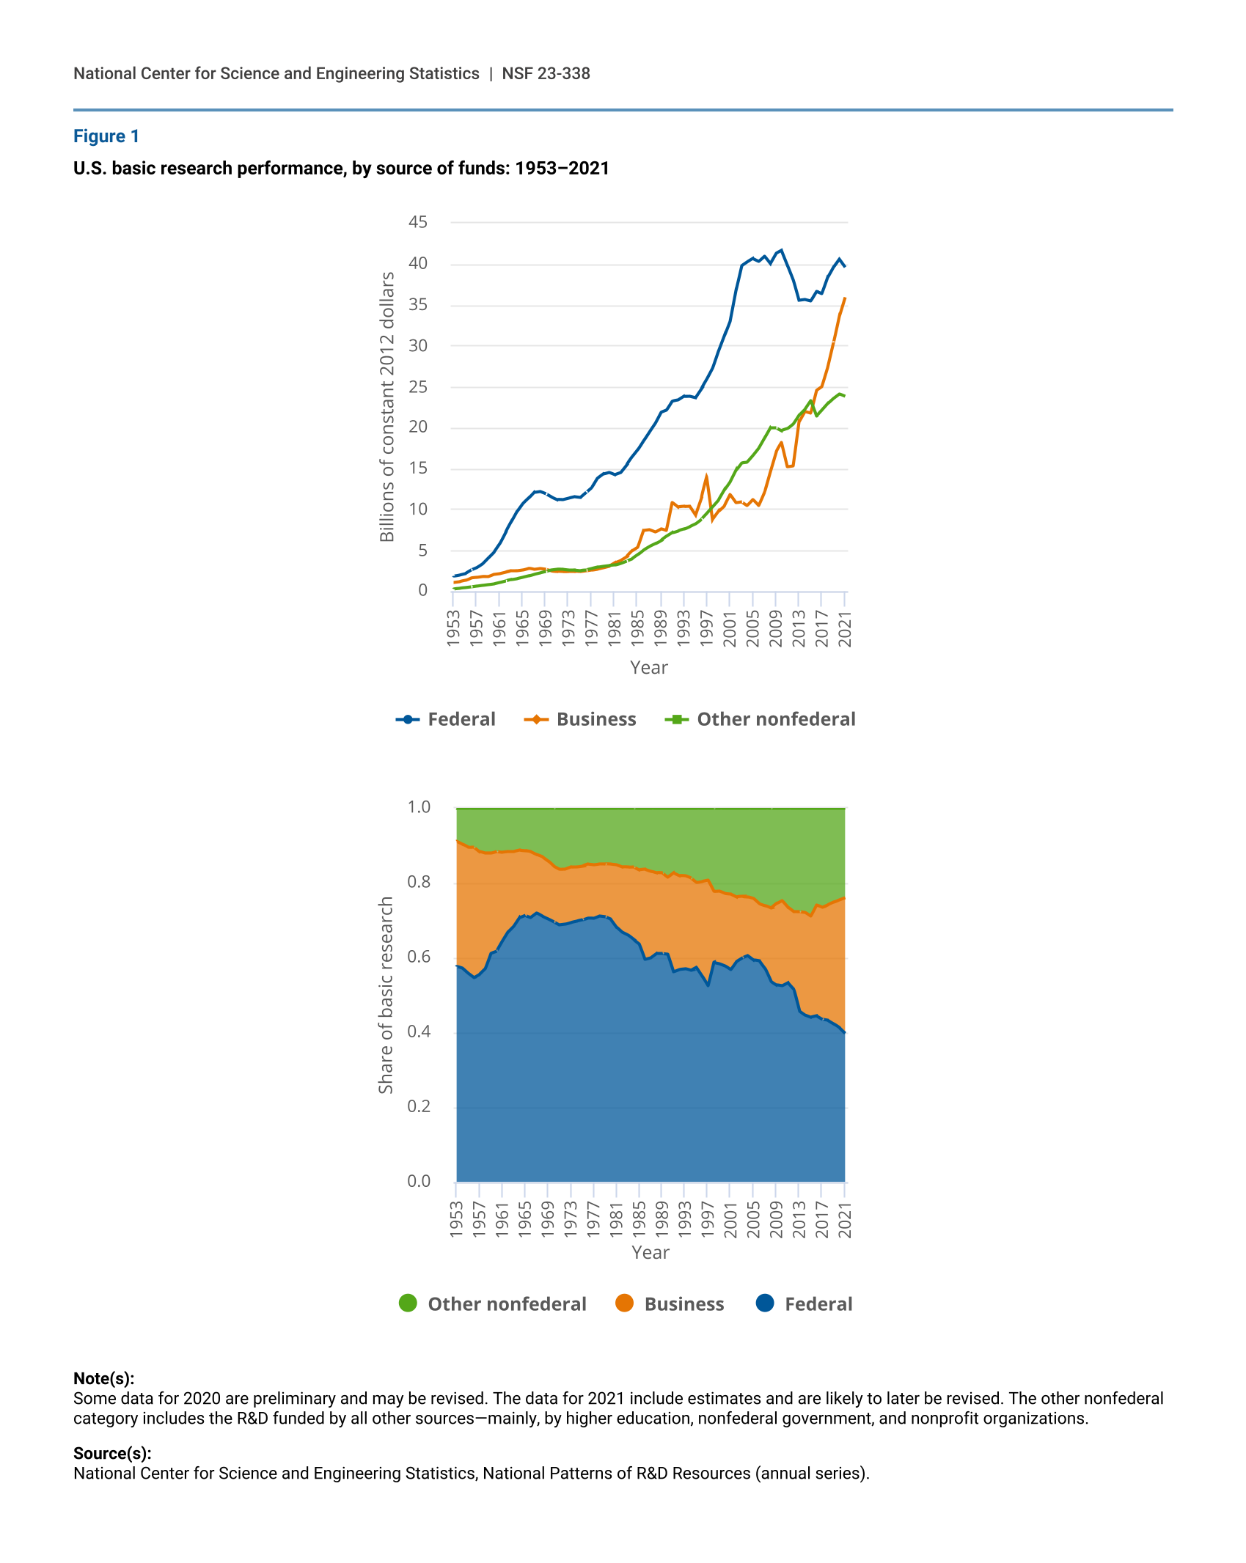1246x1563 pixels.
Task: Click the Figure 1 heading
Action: [106, 136]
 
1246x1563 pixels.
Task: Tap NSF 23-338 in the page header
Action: [546, 73]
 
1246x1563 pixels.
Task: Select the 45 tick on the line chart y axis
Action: [418, 222]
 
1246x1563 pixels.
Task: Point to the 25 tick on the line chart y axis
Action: [418, 386]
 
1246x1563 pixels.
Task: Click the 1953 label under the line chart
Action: [453, 628]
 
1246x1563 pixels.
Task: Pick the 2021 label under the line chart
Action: [845, 628]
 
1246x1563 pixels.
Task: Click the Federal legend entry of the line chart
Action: [446, 719]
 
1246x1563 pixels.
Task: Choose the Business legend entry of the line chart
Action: [580, 719]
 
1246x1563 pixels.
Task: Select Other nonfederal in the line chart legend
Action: [760, 719]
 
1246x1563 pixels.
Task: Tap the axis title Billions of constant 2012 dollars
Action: [387, 407]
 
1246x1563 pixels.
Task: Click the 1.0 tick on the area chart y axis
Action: [419, 807]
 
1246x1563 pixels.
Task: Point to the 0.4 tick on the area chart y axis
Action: [419, 1031]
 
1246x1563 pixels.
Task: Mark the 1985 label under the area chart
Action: [639, 1219]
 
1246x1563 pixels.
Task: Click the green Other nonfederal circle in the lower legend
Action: [408, 1303]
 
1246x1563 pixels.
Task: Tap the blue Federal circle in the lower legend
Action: [765, 1303]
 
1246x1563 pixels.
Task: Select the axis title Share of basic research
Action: [386, 995]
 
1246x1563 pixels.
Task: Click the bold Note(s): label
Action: [103, 1378]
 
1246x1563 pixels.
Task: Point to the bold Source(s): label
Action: [112, 1453]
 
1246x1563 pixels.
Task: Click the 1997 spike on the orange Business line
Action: [706, 477]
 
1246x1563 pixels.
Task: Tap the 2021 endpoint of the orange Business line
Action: [845, 298]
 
